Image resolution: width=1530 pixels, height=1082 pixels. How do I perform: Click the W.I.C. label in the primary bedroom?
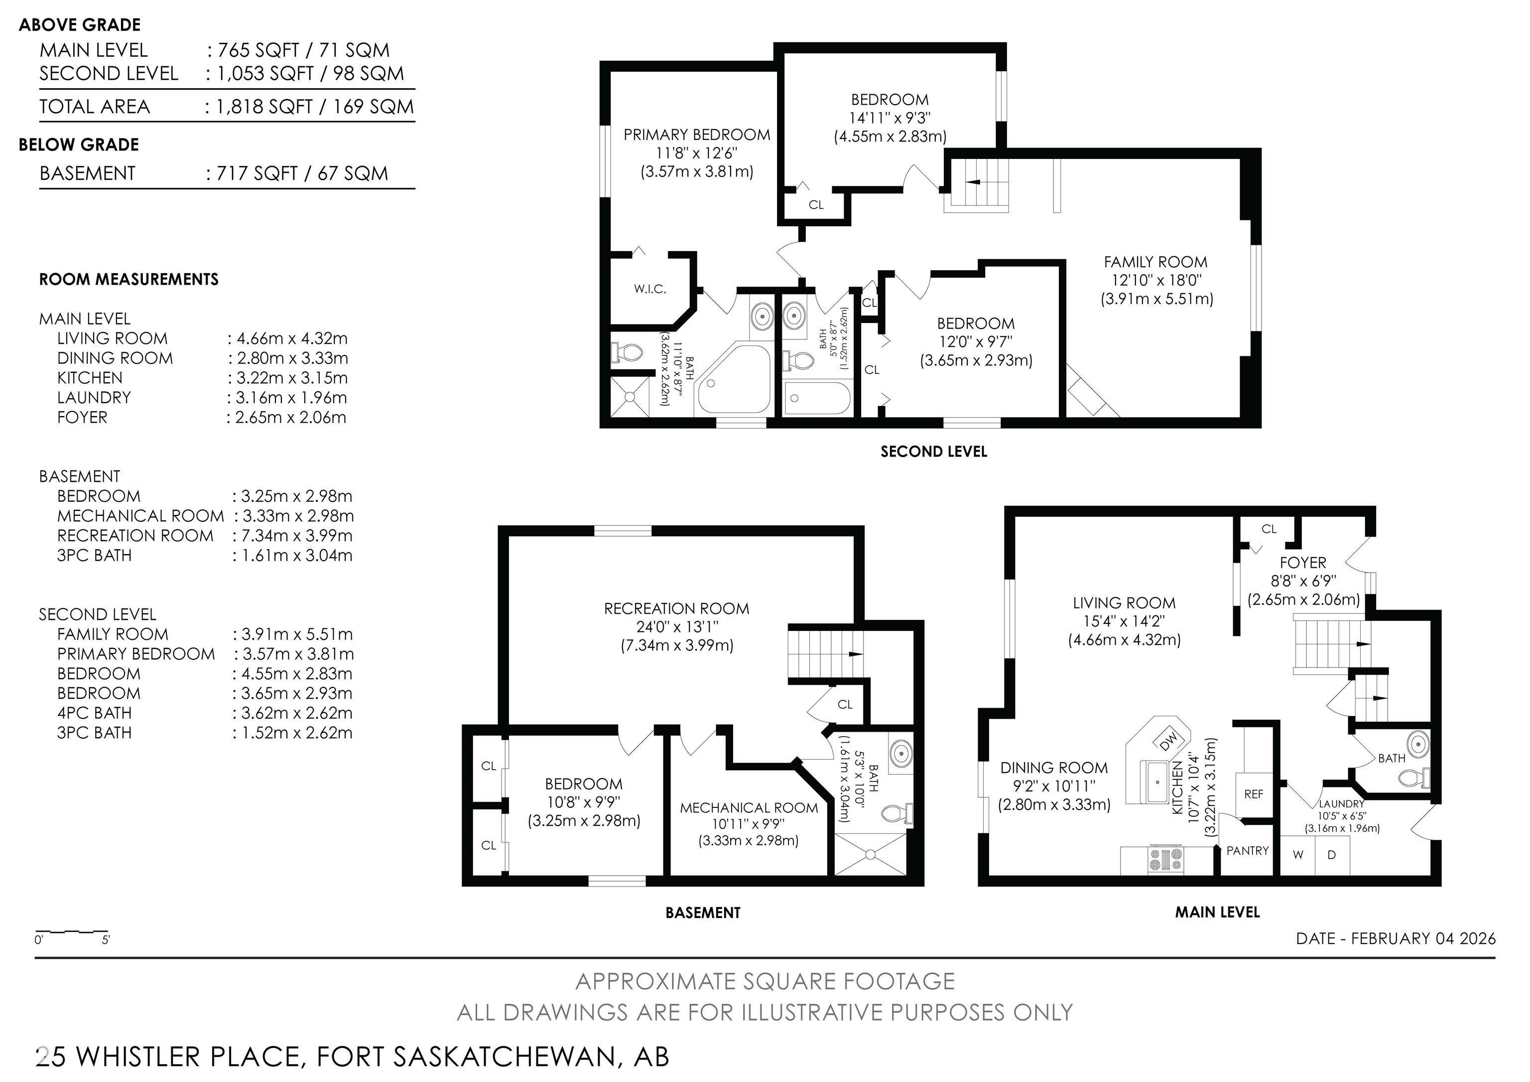[x=650, y=289]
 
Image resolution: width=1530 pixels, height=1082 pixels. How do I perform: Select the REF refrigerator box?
[x=1254, y=794]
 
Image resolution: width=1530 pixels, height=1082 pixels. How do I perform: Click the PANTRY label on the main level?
[x=1248, y=851]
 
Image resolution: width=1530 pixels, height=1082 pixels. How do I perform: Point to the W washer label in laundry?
[x=1298, y=855]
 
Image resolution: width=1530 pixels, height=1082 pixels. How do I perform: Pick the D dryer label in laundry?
[x=1331, y=855]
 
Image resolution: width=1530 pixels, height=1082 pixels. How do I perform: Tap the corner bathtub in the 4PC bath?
[x=734, y=380]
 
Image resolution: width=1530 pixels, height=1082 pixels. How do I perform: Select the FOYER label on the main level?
[x=1303, y=563]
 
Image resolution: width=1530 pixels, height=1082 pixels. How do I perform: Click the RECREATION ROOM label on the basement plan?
[x=676, y=609]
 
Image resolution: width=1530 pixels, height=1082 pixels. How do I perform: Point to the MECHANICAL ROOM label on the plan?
[x=749, y=808]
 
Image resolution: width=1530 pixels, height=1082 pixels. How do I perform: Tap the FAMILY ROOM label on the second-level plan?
[x=1155, y=262]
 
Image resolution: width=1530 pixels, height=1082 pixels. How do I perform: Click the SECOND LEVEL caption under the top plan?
[x=934, y=452]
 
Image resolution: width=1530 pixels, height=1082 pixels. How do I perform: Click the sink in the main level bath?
[x=1417, y=742]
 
